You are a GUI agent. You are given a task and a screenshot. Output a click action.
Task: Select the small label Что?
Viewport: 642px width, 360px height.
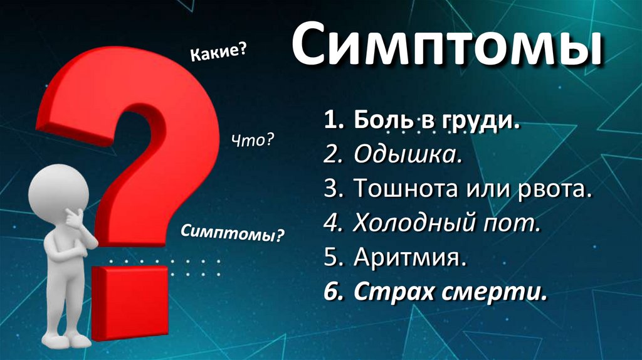253,141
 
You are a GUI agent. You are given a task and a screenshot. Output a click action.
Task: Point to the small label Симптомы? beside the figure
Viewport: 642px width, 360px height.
233,234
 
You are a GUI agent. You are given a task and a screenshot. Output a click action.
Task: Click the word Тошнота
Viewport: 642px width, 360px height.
399,189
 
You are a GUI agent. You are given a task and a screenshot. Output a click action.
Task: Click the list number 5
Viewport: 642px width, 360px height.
330,257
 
